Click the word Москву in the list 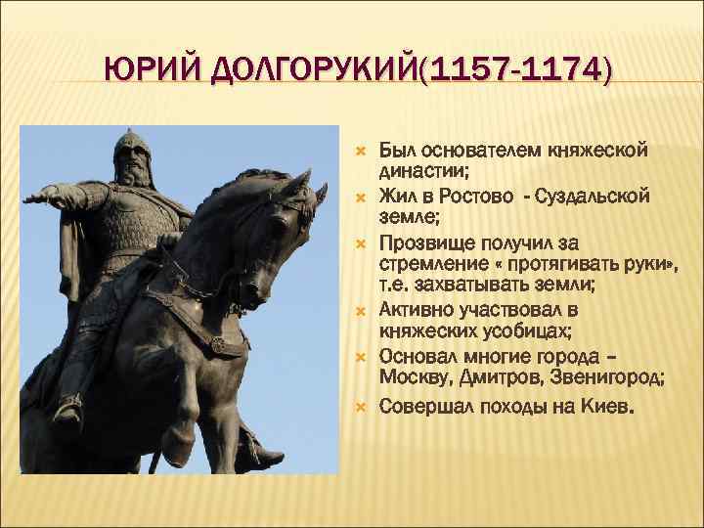(x=411, y=378)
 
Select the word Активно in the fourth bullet (x=415, y=310)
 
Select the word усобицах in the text (x=535, y=332)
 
